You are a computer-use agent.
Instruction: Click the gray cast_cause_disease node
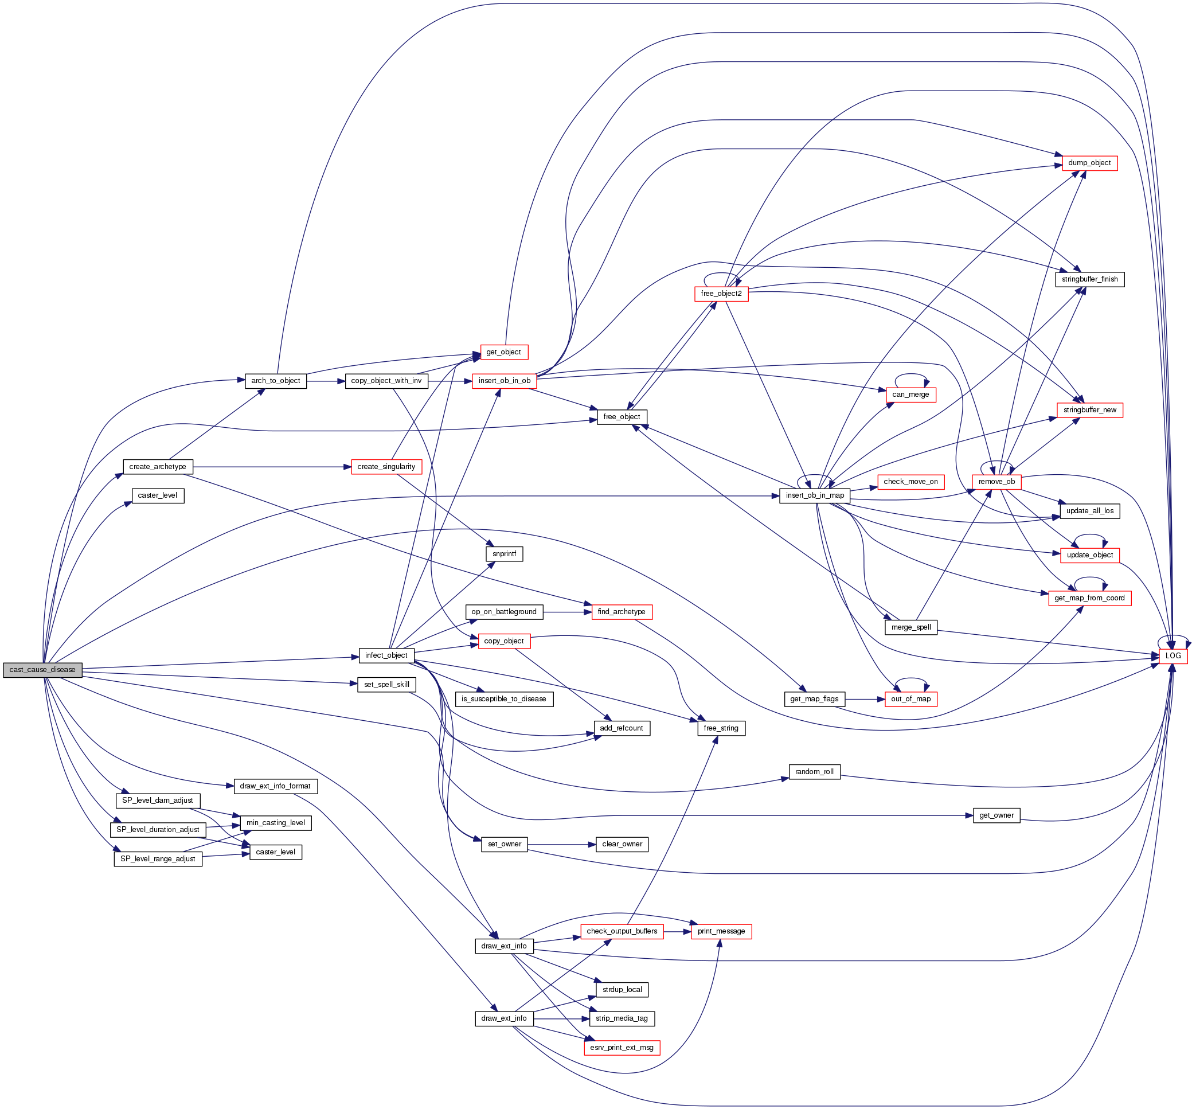[42, 670]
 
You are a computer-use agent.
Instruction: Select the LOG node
[1173, 655]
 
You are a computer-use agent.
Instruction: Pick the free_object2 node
[721, 293]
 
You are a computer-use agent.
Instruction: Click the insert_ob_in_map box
[815, 495]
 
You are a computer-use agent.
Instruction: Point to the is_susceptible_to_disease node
[503, 699]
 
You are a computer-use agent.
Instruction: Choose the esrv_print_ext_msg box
[622, 1047]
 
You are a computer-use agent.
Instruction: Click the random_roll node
[814, 772]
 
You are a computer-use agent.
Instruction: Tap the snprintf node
[503, 553]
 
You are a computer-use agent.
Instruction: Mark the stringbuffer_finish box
[1089, 279]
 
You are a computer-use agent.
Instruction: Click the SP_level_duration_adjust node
[158, 830]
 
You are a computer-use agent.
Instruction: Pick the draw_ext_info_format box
[275, 786]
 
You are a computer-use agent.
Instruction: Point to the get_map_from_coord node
[1089, 598]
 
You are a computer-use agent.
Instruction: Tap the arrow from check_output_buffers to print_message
[678, 931]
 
